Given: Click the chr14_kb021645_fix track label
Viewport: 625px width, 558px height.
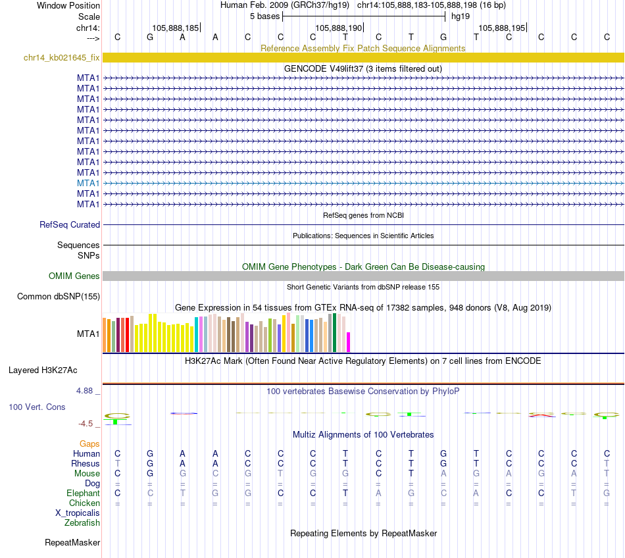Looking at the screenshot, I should tap(61, 58).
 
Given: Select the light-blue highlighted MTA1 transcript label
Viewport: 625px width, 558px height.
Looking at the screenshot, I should tap(88, 183).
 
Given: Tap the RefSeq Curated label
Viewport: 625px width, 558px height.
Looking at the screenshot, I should tap(70, 225).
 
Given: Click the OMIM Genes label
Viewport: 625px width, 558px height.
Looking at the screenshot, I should tap(74, 276).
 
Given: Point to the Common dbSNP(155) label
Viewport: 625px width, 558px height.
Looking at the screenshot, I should tap(58, 297).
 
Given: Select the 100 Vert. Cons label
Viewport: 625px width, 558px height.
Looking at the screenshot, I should tap(37, 407).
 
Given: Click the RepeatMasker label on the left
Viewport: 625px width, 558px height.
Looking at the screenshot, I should tap(72, 543).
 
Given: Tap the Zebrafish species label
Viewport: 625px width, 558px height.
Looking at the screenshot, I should tap(82, 523).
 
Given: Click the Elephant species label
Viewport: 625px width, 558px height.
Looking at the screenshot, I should tap(83, 494).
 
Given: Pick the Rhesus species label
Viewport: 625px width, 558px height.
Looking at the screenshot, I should tap(86, 463).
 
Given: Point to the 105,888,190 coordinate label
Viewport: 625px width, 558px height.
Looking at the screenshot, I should tap(338, 28).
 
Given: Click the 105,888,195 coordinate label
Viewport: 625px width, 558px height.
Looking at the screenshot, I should tap(502, 28).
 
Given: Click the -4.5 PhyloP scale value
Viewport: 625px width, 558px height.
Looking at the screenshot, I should tap(87, 424).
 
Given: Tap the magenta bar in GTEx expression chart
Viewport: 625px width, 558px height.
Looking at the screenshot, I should tap(349, 342).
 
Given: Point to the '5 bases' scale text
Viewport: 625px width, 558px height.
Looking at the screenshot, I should tap(264, 16).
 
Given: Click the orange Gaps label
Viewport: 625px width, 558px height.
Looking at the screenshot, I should tap(89, 444).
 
